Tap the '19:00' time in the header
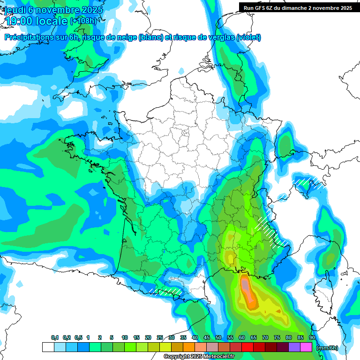coord(19,21)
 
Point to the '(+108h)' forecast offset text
coord(83,21)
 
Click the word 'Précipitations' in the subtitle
coord(28,37)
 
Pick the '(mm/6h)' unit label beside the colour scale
coord(328,348)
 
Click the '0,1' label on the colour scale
coord(54,338)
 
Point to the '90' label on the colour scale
coord(312,338)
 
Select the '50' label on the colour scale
coord(218,338)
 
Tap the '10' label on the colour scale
coord(125,338)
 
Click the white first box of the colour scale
coord(48,347)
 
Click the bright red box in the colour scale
coord(247,347)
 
